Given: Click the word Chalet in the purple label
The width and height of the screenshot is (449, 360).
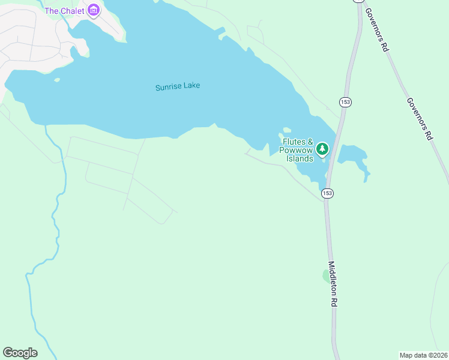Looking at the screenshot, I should point(72,11).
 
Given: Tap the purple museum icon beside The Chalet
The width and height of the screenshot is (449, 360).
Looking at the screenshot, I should point(94,10).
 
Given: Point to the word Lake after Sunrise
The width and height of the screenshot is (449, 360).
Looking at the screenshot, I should point(192,86).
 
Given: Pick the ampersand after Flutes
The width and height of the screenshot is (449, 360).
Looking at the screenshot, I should point(311,142).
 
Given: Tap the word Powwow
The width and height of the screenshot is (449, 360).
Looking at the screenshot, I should point(297,151).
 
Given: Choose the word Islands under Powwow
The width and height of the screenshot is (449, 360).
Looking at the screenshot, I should point(300,159).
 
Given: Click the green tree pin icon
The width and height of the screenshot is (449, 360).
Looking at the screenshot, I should point(322,148).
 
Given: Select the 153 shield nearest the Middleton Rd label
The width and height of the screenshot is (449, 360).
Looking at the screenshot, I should point(327,193).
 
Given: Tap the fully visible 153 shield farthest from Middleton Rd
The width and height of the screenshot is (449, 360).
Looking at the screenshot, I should point(345,102).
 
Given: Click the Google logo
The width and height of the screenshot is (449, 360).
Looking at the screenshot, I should point(20,353).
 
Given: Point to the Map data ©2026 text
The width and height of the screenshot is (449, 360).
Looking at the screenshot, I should point(424,355).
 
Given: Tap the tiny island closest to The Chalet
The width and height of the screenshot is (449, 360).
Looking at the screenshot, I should point(57,80).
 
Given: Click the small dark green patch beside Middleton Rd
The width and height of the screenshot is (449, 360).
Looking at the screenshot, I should point(327,275).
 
